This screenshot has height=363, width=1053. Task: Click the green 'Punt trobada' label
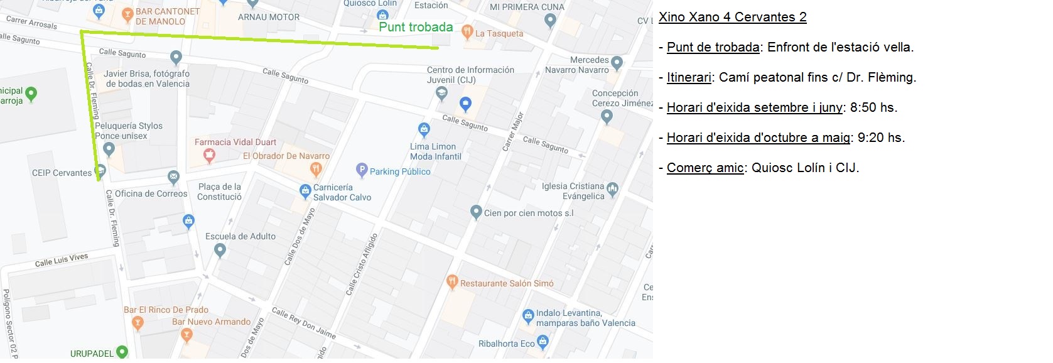coord(416,27)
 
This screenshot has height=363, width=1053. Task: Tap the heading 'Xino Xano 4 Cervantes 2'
coord(732,17)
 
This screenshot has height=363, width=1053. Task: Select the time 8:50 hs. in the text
coord(873,107)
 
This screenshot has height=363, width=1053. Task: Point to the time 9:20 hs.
coord(881,138)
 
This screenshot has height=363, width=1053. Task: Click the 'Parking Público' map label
coord(400,171)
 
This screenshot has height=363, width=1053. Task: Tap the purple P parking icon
coord(362,170)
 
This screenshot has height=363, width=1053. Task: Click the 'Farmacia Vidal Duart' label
coord(235,143)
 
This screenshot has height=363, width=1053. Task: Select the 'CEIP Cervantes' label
coord(62,173)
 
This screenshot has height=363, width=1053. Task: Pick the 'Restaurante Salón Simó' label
coord(507,284)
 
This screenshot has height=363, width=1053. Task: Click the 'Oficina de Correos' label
coord(151,193)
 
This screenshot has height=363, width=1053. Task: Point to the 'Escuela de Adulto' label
coord(240,237)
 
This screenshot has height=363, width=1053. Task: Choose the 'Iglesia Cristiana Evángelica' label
coord(573,192)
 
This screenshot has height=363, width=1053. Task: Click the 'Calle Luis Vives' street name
coord(62,260)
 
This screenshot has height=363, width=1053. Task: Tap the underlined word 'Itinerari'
coord(689,77)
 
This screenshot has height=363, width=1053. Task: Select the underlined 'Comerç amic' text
coord(705,168)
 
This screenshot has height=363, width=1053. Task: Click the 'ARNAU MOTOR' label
coord(269,18)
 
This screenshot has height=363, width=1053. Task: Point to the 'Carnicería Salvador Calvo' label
coord(342,192)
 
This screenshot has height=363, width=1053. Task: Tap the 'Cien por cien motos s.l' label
coord(529,214)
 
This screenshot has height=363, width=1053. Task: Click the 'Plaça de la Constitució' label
coord(220,192)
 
